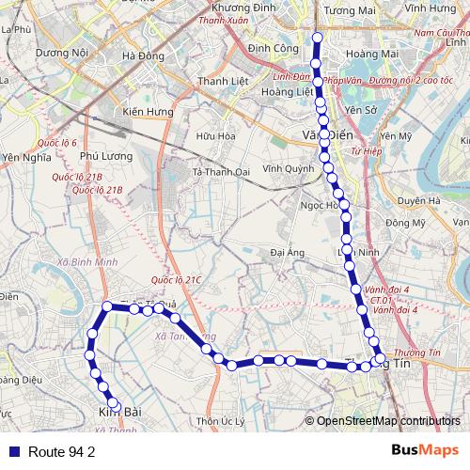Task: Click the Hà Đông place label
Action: [x=143, y=55]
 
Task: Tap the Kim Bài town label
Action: [x=119, y=412]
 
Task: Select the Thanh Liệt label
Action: [x=224, y=81]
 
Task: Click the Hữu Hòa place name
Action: [x=213, y=136]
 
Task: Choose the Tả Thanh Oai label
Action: [x=223, y=172]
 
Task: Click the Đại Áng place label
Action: [x=287, y=252]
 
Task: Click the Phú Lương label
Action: [x=102, y=157]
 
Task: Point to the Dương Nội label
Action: [x=61, y=54]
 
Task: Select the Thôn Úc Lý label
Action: [x=221, y=421]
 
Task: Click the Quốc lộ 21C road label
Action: [x=176, y=280]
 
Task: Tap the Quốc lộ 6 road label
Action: [x=57, y=143]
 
